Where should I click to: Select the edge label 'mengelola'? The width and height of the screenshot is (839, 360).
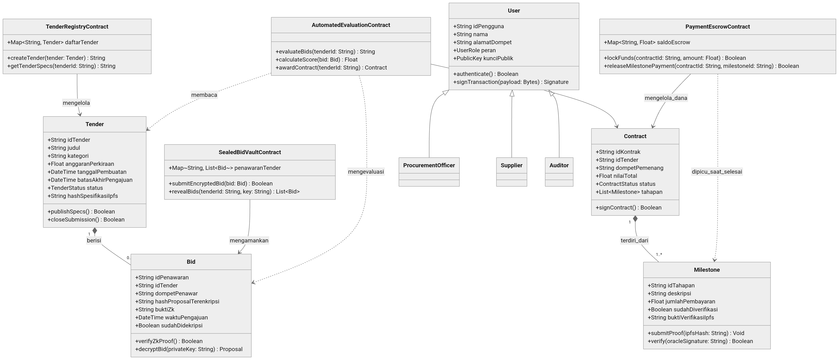[x=76, y=103]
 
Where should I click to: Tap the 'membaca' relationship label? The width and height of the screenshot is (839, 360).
[x=204, y=95]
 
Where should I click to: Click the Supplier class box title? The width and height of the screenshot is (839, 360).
[x=511, y=165]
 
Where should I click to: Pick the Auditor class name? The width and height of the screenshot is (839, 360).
[x=559, y=165]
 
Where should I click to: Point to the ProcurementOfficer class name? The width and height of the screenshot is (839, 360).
[x=429, y=165]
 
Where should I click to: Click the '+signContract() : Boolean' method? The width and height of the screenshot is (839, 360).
[x=628, y=207]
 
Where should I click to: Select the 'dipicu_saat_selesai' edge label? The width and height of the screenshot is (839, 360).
[x=717, y=172]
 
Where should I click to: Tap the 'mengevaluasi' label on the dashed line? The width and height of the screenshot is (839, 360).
[x=366, y=172]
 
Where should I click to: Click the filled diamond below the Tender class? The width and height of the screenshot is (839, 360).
[x=95, y=231]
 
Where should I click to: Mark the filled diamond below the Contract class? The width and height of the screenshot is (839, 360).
[x=635, y=219]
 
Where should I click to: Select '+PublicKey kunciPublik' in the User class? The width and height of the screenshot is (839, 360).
[x=483, y=58]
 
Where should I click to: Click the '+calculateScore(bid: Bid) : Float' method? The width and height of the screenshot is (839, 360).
[x=316, y=60]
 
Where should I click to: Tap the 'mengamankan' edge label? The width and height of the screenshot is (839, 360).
[x=249, y=240]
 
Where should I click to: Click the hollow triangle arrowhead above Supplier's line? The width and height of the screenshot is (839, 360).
[x=512, y=93]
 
